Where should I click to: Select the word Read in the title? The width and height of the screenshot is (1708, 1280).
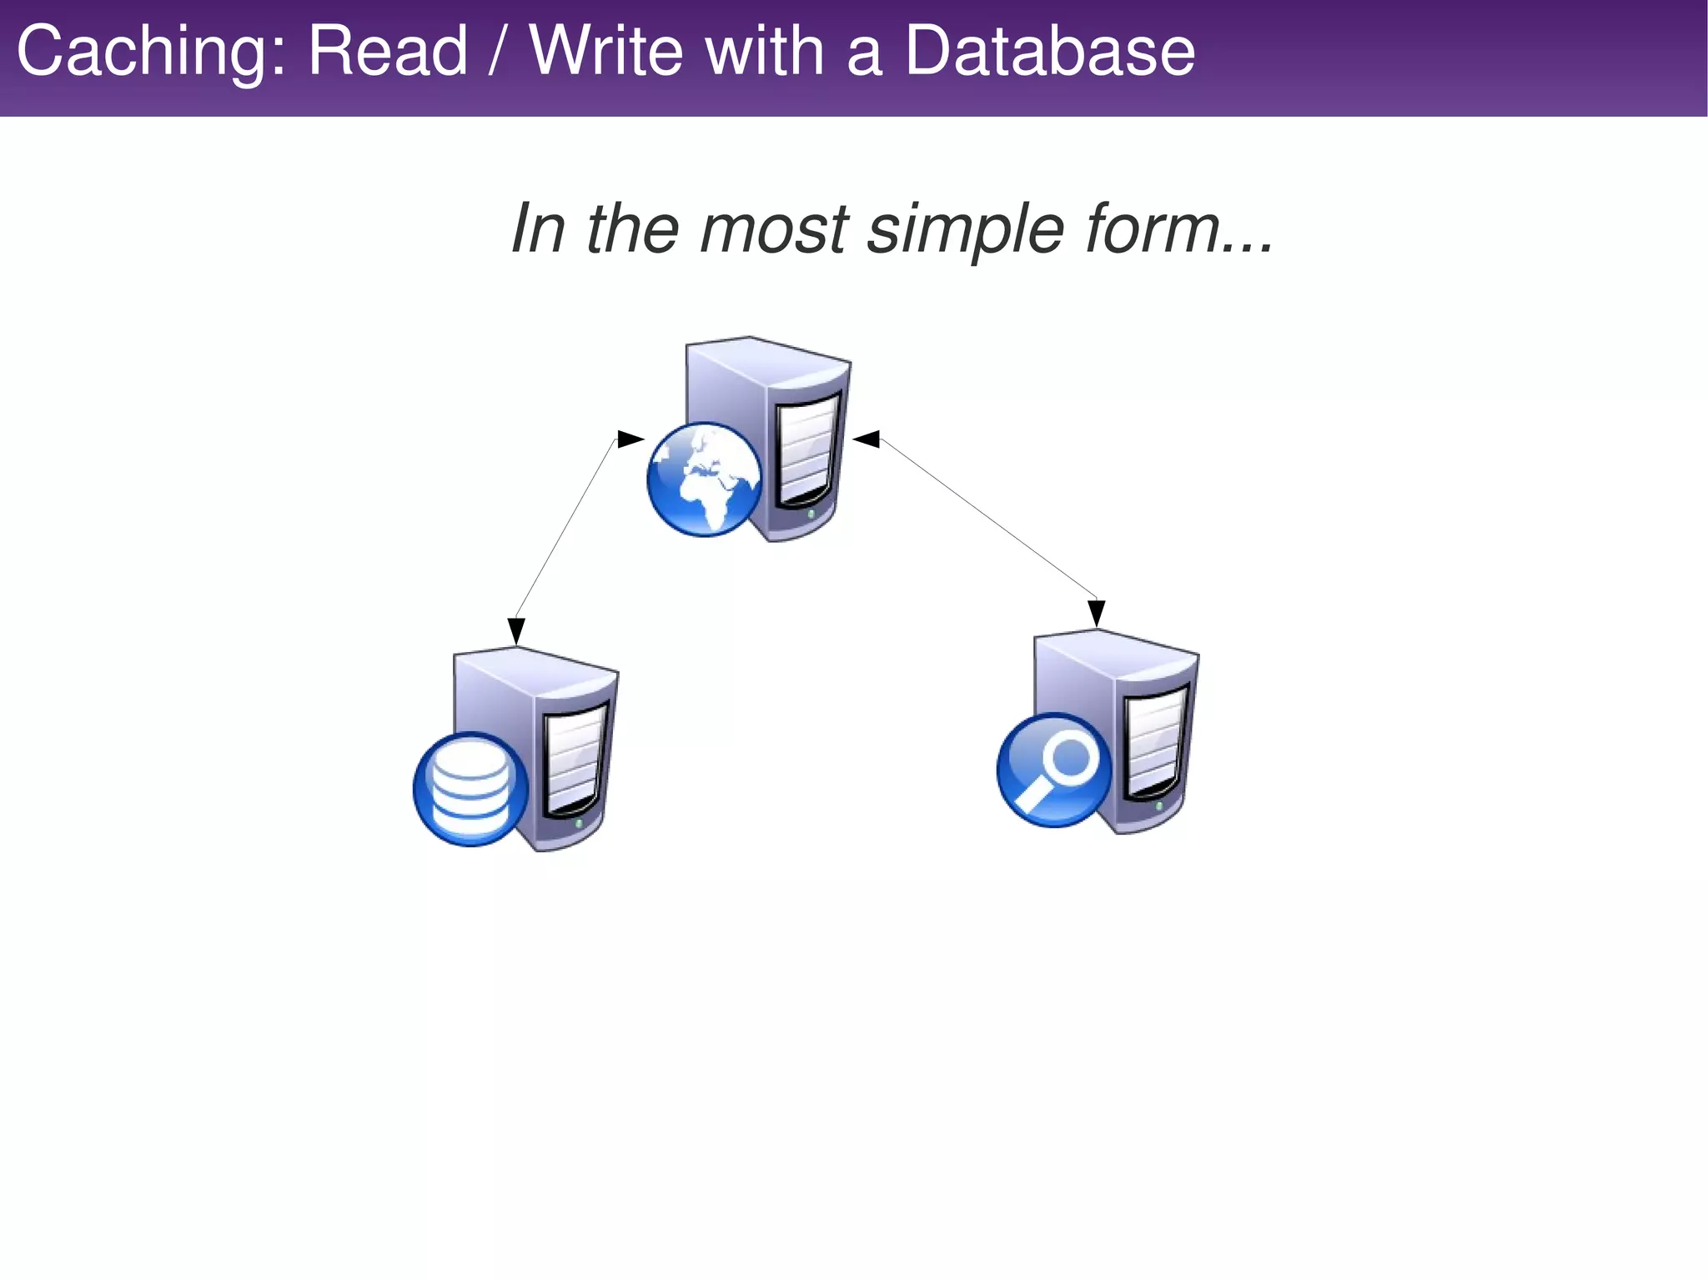pos(388,52)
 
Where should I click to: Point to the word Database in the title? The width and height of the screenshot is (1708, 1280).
pos(1049,52)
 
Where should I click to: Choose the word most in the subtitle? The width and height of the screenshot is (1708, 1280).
pos(774,228)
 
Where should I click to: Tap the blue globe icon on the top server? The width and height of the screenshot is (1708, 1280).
pos(705,479)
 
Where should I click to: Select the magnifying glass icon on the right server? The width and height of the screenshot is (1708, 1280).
pos(1055,770)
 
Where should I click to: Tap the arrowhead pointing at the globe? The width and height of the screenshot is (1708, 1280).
pos(630,439)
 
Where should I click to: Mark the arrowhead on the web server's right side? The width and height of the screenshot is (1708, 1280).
pos(867,439)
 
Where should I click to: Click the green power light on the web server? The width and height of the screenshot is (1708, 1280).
pos(811,515)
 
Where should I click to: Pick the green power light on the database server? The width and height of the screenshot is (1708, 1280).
pos(580,824)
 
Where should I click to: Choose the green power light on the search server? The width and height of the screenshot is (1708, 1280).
pos(1159,806)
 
